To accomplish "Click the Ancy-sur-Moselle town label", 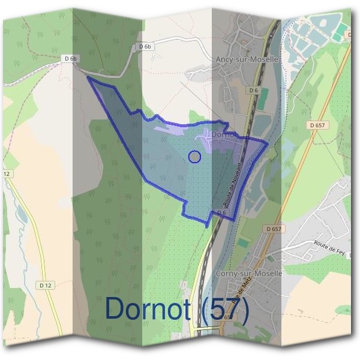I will pos(247,60).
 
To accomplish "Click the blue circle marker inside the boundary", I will pos(194,157).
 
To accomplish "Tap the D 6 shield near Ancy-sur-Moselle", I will pos(253,90).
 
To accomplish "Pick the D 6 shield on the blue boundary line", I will pos(221,212).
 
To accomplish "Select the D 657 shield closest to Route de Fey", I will pos(274,229).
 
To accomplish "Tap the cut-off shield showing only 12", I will pos(7,174).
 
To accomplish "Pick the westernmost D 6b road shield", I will pos(71,59).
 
